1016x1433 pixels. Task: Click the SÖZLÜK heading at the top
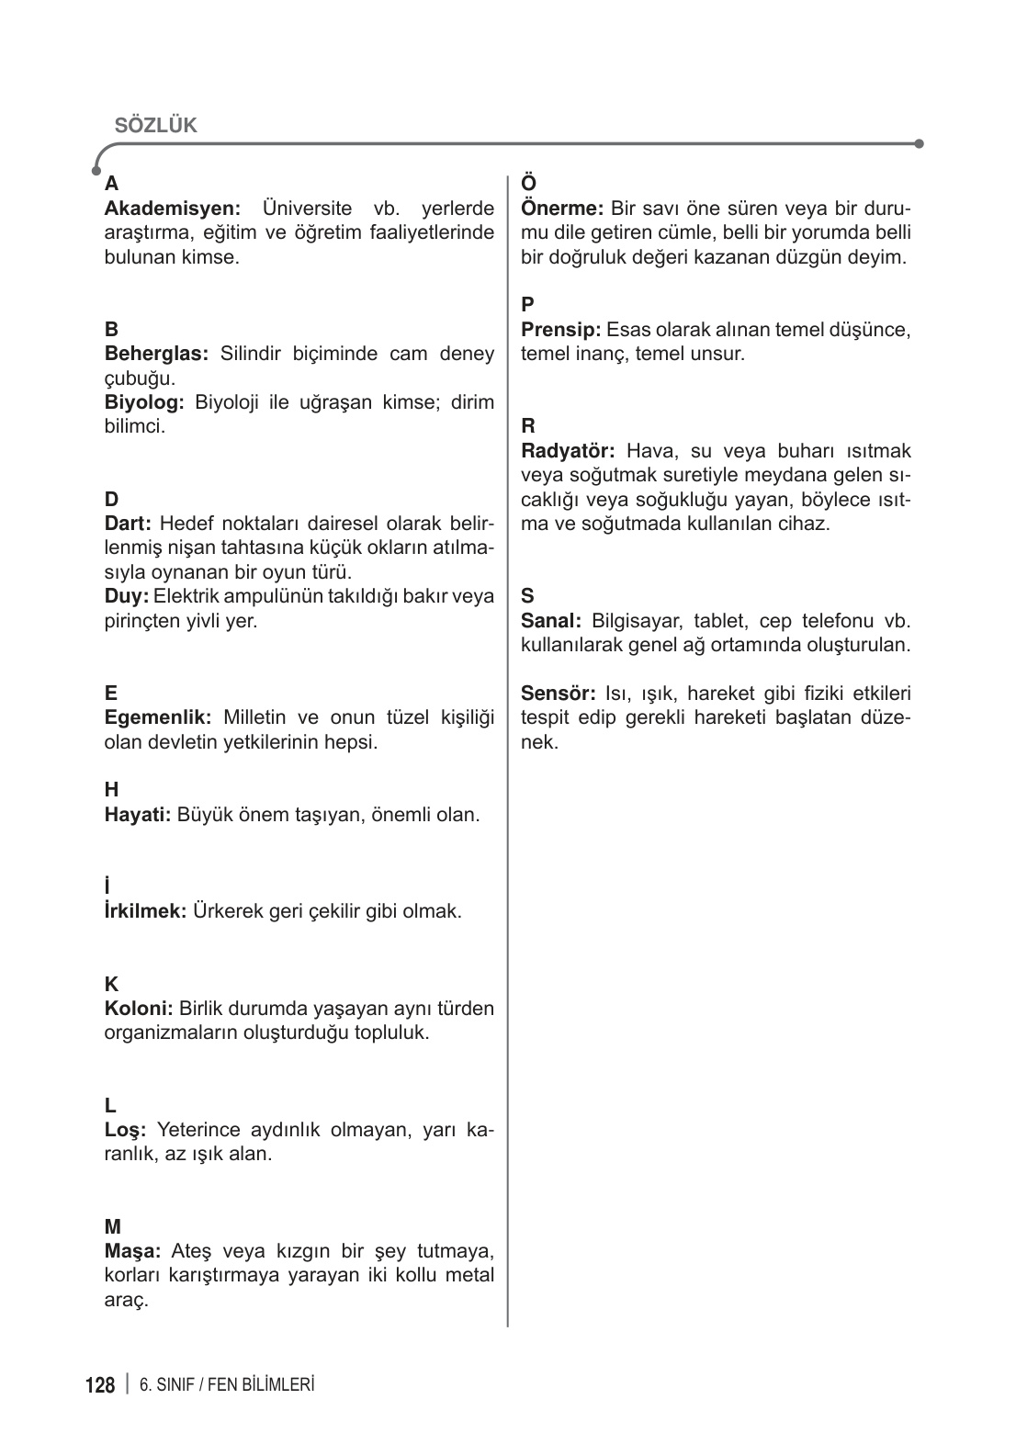pyautogui.click(x=155, y=126)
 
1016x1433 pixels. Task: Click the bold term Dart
pyautogui.click(x=128, y=524)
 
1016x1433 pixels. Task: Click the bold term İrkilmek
pyautogui.click(x=146, y=911)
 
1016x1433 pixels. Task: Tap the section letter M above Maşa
pyautogui.click(x=112, y=1226)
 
